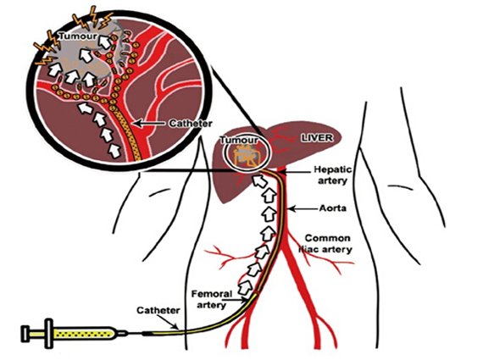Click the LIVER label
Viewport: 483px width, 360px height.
[317, 138]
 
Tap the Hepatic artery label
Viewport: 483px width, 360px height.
[332, 174]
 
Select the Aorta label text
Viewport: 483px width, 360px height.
[333, 208]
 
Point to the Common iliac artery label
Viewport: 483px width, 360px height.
[326, 243]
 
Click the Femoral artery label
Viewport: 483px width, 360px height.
[212, 299]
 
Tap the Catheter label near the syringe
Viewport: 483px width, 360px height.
[158, 310]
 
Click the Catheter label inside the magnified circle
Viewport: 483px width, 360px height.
[191, 124]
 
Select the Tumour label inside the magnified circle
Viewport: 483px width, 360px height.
[78, 36]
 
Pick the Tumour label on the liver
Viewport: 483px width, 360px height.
[239, 140]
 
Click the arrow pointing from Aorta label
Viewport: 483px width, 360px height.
[303, 208]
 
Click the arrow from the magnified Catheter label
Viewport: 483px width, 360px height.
[151, 124]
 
